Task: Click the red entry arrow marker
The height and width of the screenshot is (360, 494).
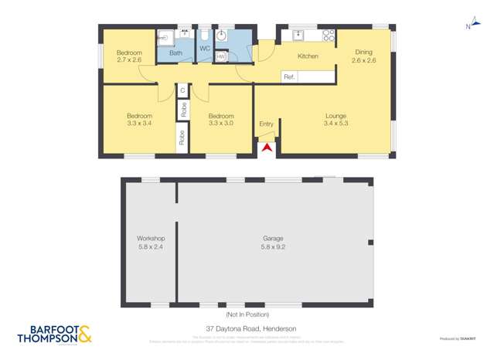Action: pyautogui.click(x=267, y=147)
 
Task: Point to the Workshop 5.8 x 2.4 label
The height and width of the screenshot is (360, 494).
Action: pyautogui.click(x=151, y=243)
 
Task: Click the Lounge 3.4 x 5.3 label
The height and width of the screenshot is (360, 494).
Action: pyautogui.click(x=336, y=119)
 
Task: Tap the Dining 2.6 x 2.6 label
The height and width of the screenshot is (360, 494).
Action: pyautogui.click(x=363, y=56)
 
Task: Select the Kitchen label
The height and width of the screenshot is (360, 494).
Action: pyautogui.click(x=308, y=56)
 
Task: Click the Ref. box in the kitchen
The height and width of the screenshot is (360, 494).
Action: pyautogui.click(x=290, y=76)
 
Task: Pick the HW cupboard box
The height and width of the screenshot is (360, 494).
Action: pyautogui.click(x=221, y=56)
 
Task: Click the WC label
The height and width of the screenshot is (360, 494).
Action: pyautogui.click(x=204, y=49)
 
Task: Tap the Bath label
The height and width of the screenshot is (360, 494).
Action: pyautogui.click(x=175, y=53)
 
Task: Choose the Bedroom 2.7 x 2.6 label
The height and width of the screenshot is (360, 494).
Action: pyautogui.click(x=129, y=56)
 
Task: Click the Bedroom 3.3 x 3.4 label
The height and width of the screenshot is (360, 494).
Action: pyautogui.click(x=139, y=119)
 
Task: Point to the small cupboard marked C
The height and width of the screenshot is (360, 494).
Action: pyautogui.click(x=182, y=90)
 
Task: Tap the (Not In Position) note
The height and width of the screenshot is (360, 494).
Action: pyautogui.click(x=247, y=314)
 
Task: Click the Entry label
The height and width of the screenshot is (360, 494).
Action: pyautogui.click(x=266, y=124)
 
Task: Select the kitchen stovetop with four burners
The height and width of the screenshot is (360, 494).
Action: pyautogui.click(x=328, y=35)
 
